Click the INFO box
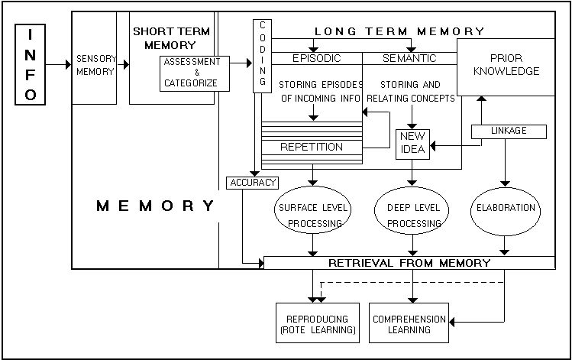(x=31, y=64)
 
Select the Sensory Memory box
(x=95, y=65)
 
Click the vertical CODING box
(x=263, y=56)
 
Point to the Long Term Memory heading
(x=400, y=31)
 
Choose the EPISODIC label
(x=316, y=58)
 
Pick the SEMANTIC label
(x=409, y=58)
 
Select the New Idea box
(x=412, y=143)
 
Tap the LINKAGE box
(x=509, y=131)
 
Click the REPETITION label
(x=311, y=147)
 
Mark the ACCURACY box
(x=252, y=183)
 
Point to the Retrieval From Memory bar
(x=409, y=263)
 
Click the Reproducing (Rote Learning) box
(x=317, y=324)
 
